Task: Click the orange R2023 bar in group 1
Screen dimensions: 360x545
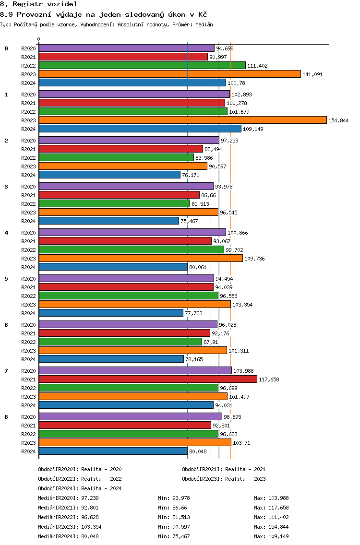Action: point(182,120)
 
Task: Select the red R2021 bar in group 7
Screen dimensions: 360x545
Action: point(148,379)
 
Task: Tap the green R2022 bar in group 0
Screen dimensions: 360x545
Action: point(142,65)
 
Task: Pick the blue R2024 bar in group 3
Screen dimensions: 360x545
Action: point(109,221)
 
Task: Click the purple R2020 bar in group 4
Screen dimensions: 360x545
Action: point(132,232)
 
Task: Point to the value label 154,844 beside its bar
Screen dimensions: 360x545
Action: point(338,120)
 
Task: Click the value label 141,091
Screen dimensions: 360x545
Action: point(312,74)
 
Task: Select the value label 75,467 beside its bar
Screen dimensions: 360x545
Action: point(189,221)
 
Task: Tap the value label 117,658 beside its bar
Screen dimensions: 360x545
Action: point(269,379)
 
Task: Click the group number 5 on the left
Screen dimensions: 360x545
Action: point(6,279)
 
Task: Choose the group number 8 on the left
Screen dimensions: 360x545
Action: point(6,417)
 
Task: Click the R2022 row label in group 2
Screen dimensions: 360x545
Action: point(28,158)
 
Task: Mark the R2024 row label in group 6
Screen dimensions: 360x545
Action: point(28,359)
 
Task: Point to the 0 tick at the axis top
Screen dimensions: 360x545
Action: point(38,39)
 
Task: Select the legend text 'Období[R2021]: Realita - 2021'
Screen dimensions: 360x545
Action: point(224,469)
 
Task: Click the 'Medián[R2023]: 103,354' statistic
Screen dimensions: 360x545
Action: point(70,527)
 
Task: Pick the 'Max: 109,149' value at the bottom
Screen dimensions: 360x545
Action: point(271,536)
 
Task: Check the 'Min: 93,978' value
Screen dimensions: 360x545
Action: point(174,498)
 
